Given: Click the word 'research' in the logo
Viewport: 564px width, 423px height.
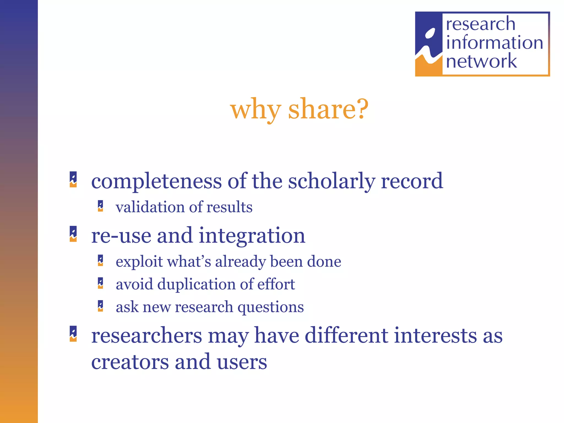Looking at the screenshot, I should [480, 24].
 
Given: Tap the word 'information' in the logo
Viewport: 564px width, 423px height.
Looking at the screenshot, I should [494, 43].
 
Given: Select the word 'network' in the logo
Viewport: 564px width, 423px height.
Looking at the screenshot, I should [481, 61].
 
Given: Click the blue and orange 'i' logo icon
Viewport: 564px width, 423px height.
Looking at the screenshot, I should [429, 44].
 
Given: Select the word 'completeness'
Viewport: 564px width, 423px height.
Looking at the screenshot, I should [156, 181].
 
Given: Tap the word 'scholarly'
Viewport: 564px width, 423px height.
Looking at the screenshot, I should [332, 181].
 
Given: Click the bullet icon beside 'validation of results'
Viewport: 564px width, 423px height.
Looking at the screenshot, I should [101, 206].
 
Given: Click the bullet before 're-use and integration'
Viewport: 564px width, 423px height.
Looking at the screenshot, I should [73, 234].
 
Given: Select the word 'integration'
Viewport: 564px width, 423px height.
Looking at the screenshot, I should [252, 236].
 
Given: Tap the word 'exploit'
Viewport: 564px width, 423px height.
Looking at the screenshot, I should [139, 261].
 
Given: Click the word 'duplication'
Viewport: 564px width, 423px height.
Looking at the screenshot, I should [196, 284].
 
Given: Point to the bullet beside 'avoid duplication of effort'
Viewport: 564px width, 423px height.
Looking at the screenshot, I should [101, 283].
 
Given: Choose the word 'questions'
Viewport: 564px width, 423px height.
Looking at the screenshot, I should [270, 307].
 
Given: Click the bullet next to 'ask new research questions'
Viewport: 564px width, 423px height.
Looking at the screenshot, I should [101, 306].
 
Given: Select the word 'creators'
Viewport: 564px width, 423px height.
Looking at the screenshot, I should [130, 362].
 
